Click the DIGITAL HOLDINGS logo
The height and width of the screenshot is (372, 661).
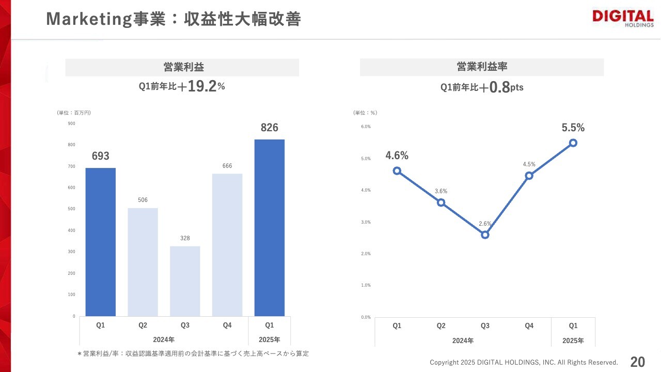click(x=622, y=19)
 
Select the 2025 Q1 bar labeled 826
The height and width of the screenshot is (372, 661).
click(x=269, y=227)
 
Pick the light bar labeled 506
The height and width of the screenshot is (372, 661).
click(x=143, y=262)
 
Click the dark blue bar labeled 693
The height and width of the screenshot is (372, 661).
click(x=100, y=242)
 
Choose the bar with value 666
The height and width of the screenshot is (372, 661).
click(x=227, y=244)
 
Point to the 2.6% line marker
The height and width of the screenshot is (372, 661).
click(x=485, y=235)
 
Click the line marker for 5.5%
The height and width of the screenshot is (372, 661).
click(x=573, y=143)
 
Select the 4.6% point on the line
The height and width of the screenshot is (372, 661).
click(x=397, y=171)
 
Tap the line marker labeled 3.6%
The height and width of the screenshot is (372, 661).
click(x=441, y=203)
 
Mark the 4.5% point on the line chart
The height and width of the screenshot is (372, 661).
click(x=529, y=176)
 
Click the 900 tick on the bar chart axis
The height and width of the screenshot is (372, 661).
click(x=71, y=123)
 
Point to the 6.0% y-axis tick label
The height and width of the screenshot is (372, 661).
click(x=366, y=127)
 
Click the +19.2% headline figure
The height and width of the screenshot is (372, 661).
click(x=201, y=87)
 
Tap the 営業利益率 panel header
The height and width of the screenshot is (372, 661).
click(x=481, y=67)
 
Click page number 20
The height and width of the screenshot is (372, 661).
click(x=638, y=362)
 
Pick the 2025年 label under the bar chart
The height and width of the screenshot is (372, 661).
click(x=269, y=339)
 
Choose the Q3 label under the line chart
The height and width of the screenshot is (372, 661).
click(x=485, y=326)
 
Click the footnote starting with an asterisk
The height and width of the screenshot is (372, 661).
click(x=193, y=353)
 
